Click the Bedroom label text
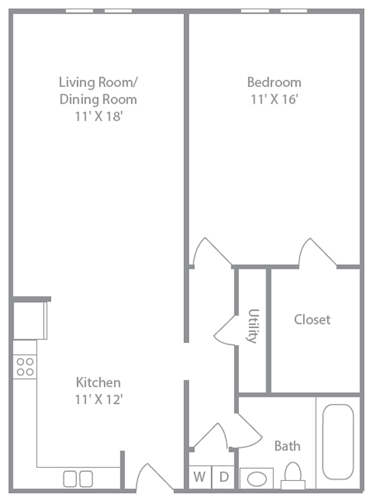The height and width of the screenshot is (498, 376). click(274, 82)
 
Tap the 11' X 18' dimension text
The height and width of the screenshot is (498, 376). click(99, 116)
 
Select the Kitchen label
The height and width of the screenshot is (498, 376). click(98, 382)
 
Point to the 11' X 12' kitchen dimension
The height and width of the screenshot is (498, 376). click(99, 399)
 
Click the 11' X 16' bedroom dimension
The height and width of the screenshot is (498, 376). click(274, 99)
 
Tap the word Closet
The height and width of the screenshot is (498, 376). click(312, 319)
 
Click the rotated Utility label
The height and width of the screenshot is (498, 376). click(253, 326)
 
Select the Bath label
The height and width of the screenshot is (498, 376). click(287, 446)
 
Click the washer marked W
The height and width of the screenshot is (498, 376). click(200, 477)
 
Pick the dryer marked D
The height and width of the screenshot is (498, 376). click(223, 477)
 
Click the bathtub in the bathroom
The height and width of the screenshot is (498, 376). click(338, 442)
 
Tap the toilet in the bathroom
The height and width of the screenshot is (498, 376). click(293, 476)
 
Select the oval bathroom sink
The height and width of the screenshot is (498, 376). click(257, 479)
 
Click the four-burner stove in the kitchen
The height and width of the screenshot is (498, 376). click(25, 366)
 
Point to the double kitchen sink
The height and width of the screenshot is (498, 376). click(78, 479)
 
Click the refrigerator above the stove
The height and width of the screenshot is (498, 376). click(30, 320)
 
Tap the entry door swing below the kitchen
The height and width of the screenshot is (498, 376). click(155, 476)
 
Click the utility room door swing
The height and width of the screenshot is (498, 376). click(225, 330)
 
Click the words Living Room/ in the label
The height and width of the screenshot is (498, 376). click(98, 82)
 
